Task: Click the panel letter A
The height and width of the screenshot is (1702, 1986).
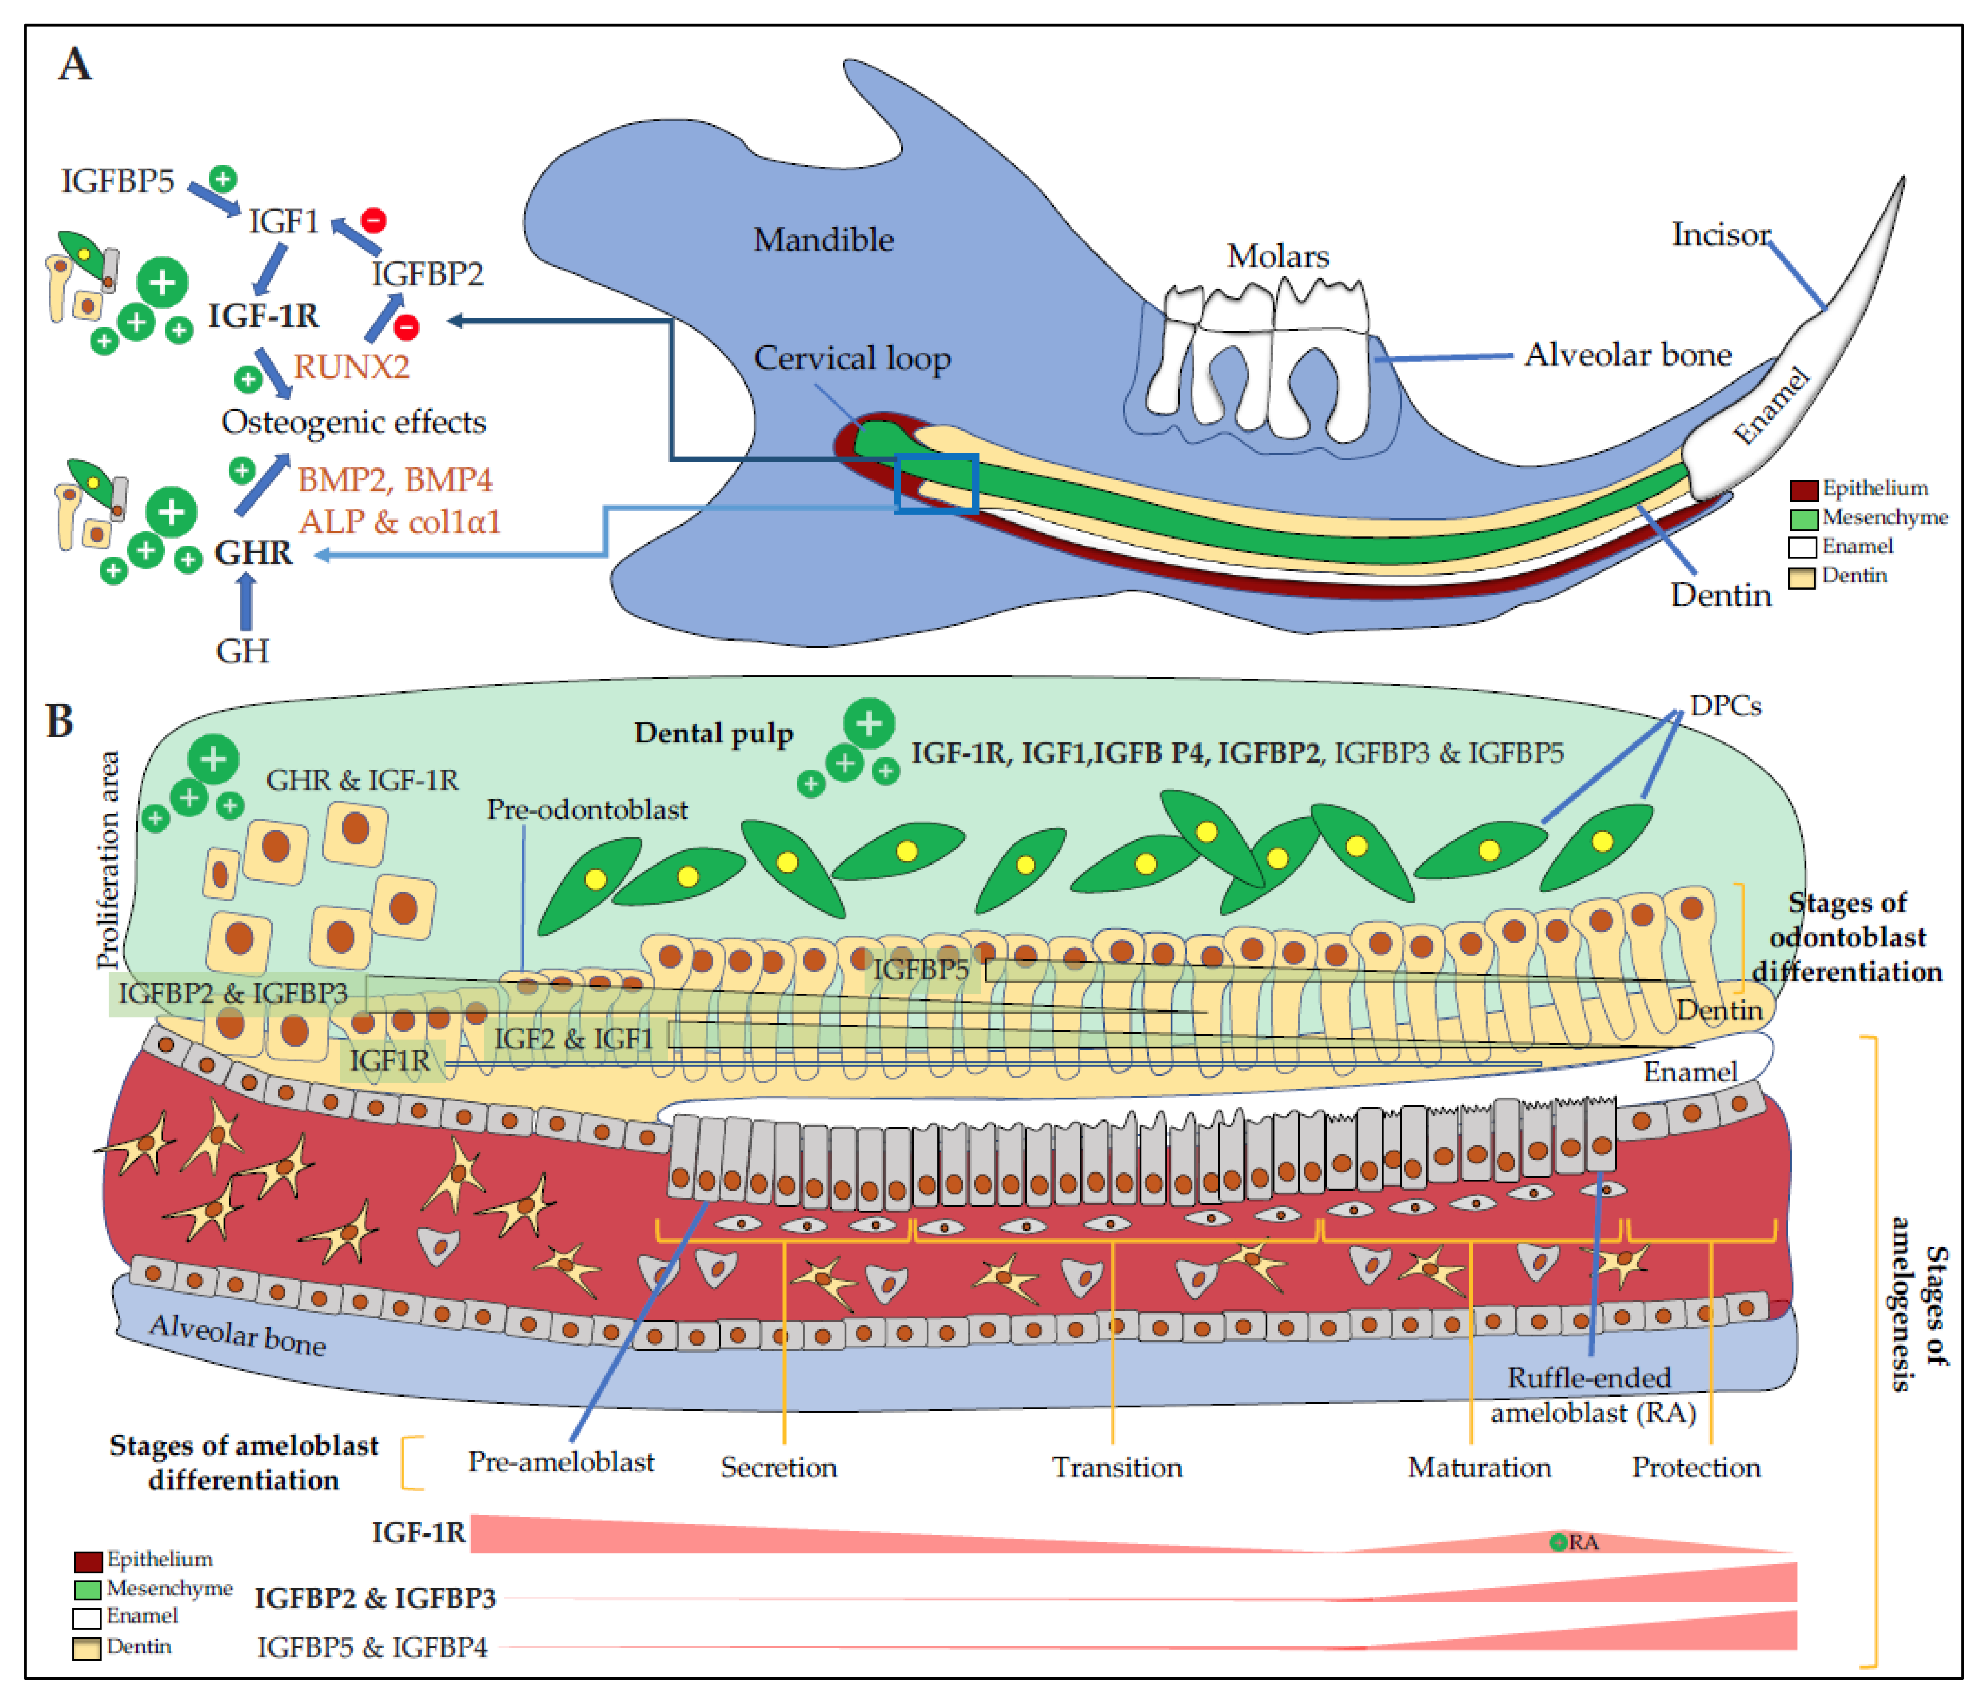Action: coord(75,65)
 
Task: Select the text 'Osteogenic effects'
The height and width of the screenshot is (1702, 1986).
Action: coord(354,422)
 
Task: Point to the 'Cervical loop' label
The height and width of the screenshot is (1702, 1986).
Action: coord(852,359)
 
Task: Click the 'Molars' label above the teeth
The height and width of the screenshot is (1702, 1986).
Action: coord(1278,256)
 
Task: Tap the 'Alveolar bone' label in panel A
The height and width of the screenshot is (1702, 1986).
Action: coord(1628,355)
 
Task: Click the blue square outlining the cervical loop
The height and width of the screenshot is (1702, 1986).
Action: coord(936,483)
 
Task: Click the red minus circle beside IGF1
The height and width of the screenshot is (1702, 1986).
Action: coord(374,221)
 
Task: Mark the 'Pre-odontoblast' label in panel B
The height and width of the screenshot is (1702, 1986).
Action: coord(586,810)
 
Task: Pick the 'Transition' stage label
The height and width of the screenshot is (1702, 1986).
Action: coord(1117,1467)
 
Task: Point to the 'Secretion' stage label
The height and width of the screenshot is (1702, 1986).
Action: coord(778,1467)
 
